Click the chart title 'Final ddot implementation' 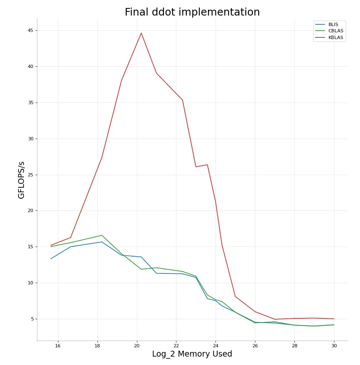tap(192, 13)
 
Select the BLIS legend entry tap(333, 25)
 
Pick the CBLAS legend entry tap(335, 31)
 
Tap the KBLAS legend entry tap(335, 38)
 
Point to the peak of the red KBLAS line tap(141, 33)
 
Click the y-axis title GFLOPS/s tap(21, 180)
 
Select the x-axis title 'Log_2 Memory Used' tap(192, 354)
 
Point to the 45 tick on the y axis tap(30, 31)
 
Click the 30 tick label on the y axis tap(30, 139)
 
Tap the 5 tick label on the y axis tap(32, 319)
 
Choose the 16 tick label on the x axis tap(58, 346)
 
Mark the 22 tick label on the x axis tap(176, 346)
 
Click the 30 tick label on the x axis tap(334, 346)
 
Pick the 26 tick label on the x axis tap(255, 346)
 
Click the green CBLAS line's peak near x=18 tap(102, 235)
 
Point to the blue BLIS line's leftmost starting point tap(51, 259)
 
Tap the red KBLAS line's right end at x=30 tap(334, 319)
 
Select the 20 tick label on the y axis tap(30, 211)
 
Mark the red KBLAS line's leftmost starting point tap(51, 245)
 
